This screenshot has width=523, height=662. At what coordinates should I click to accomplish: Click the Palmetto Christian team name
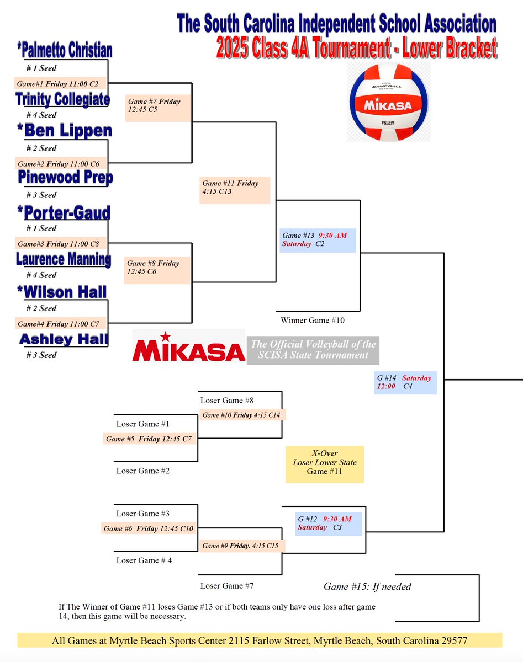(x=64, y=51)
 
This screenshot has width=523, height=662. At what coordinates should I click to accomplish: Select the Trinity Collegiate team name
(x=62, y=99)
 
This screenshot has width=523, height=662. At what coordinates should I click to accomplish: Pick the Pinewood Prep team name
(x=65, y=178)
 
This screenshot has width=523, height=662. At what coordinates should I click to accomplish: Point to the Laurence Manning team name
(x=63, y=259)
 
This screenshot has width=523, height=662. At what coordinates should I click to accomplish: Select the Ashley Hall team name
(x=64, y=339)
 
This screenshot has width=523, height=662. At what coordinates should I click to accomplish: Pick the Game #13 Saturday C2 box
(x=318, y=239)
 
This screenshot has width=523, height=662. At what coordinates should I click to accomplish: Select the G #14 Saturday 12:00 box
(x=405, y=382)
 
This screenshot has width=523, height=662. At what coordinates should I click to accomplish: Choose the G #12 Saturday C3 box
(x=329, y=523)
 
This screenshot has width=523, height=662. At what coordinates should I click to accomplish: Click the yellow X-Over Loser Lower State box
(x=325, y=464)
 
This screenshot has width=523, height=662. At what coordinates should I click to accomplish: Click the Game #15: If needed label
(x=367, y=586)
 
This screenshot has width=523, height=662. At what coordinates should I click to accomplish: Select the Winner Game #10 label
(x=313, y=320)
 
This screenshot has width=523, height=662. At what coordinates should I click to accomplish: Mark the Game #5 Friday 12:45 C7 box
(x=150, y=439)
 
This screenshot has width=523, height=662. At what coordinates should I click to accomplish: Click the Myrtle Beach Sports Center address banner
(x=260, y=641)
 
